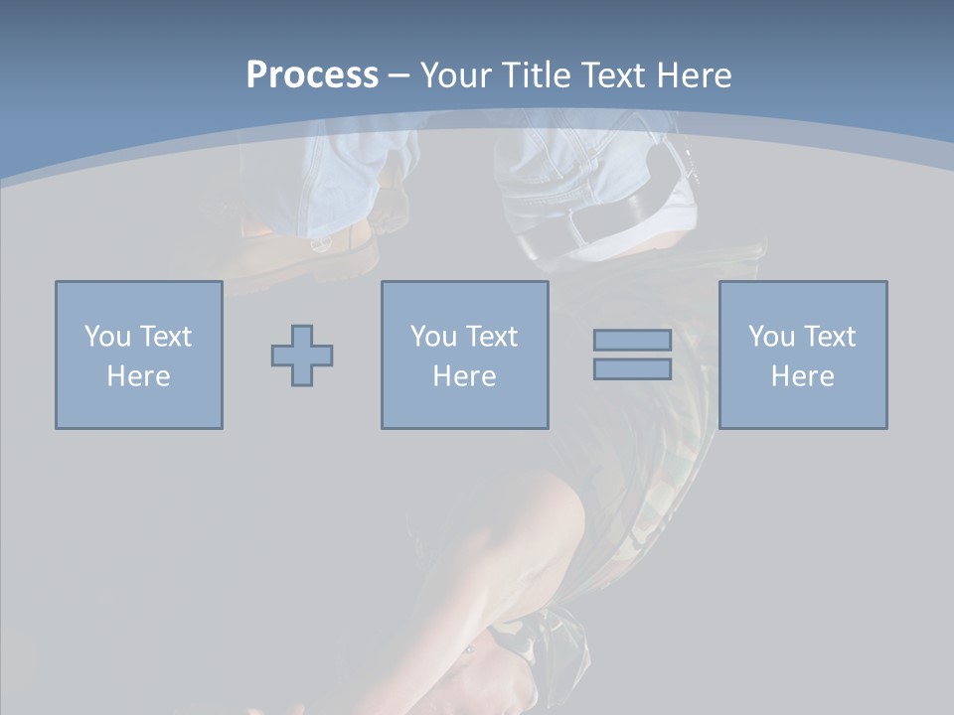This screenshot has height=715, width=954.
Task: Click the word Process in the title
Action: tap(312, 75)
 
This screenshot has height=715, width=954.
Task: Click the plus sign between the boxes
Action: tap(302, 356)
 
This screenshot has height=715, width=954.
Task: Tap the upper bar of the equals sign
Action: tap(632, 341)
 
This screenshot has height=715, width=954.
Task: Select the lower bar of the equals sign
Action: tap(632, 369)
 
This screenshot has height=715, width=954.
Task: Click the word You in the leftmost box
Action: tap(107, 337)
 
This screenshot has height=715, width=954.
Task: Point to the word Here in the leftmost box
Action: tap(138, 376)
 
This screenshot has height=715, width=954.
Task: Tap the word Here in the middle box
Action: tap(464, 376)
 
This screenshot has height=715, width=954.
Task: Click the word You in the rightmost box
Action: tap(771, 337)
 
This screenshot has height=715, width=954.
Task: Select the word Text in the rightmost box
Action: tap(829, 337)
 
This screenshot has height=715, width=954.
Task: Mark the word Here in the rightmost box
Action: tap(802, 376)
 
